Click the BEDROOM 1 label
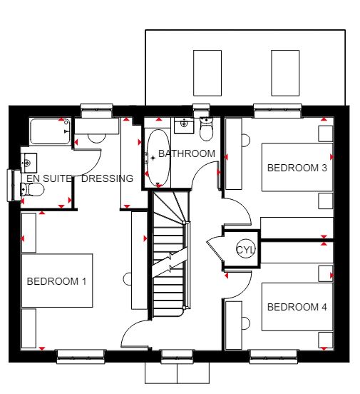coord(56,281)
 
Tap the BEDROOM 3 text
coord(297,168)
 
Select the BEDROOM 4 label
coord(297,307)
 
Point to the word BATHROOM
coord(187,153)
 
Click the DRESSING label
coord(107,178)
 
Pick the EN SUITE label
coord(49,178)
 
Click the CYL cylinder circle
coord(246,249)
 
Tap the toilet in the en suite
coord(32,189)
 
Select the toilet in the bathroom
coord(206,129)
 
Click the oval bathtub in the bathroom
coord(158,158)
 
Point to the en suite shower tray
coord(50,131)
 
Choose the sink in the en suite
coord(29,163)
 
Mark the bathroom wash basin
coord(184,125)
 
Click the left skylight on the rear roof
coord(207,73)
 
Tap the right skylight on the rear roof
coord(285,73)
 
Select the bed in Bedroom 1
coord(57,281)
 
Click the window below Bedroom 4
coord(274,357)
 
